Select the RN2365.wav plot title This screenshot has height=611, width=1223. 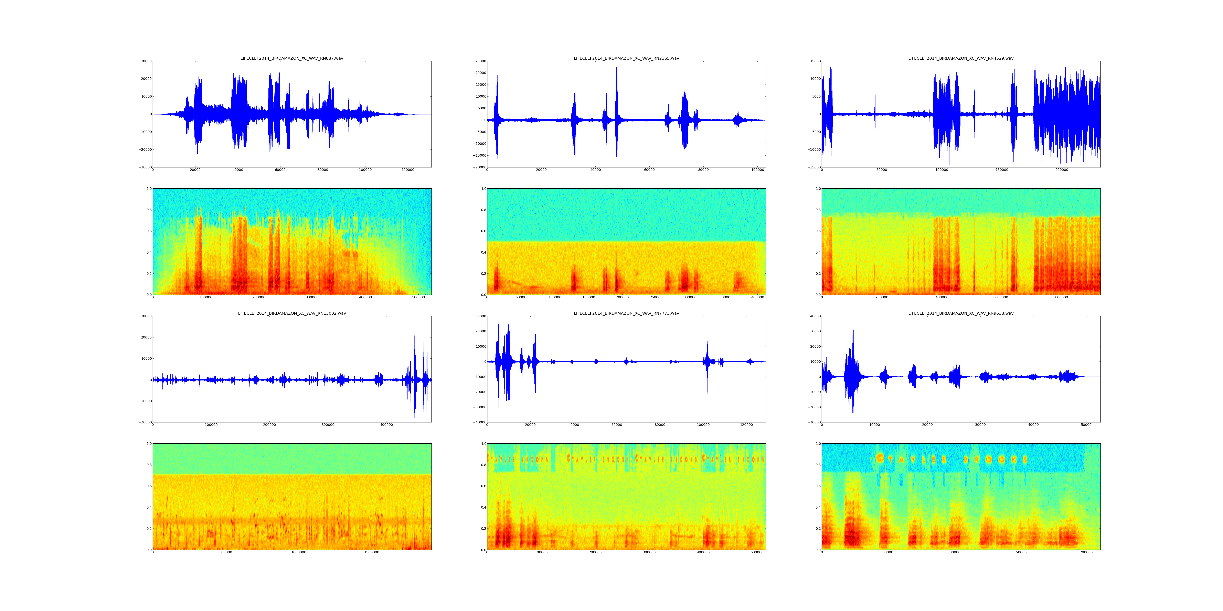tap(626, 58)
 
